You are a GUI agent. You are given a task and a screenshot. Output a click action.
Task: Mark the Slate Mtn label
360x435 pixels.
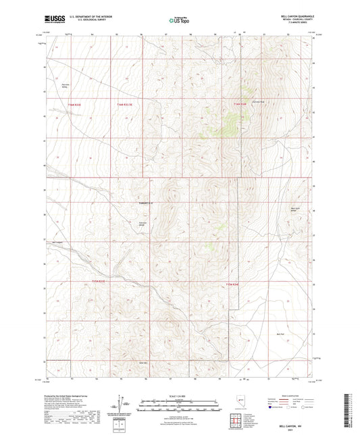(x=143, y=361)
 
